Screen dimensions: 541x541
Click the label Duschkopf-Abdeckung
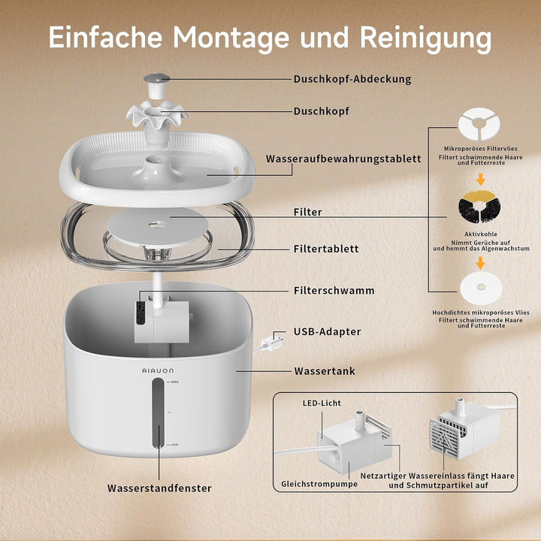click(352, 79)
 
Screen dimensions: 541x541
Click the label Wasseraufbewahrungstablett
click(343, 159)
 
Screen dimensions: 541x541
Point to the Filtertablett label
click(326, 249)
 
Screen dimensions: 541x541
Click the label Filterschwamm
click(334, 291)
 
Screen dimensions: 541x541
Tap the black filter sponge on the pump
click(141, 313)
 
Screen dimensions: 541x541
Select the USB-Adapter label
click(327, 331)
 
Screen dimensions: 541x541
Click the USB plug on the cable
click(273, 343)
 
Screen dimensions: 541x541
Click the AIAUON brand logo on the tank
click(158, 370)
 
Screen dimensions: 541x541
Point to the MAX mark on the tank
click(174, 382)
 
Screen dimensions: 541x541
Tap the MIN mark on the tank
click(174, 445)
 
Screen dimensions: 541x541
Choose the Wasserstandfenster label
click(159, 488)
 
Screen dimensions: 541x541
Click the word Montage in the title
click(231, 38)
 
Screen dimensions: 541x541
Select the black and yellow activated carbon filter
click(479, 207)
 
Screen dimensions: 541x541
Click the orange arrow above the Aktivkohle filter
click(480, 180)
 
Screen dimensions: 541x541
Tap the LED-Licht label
click(322, 403)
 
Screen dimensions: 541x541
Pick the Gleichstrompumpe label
click(319, 484)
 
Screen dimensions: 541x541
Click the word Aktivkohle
click(481, 234)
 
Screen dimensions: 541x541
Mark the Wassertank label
click(325, 371)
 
